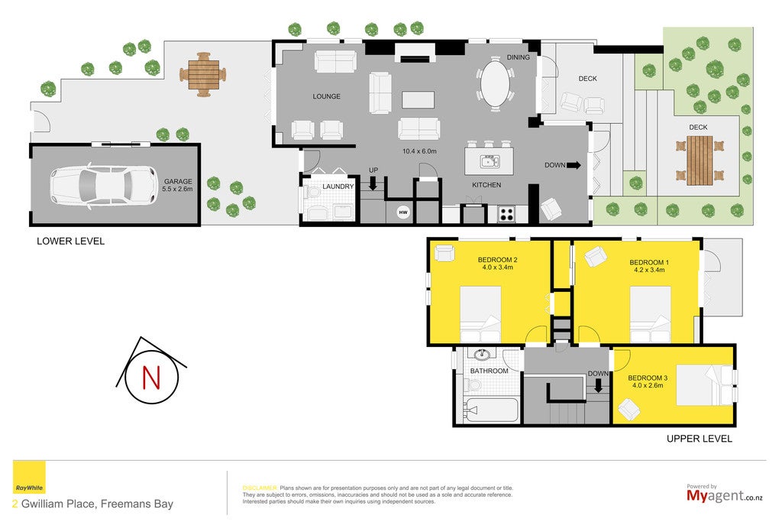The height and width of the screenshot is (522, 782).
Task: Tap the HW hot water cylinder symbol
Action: click(x=403, y=212)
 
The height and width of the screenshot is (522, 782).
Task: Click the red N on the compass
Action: click(x=151, y=378)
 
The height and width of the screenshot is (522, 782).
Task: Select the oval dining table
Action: click(x=495, y=84)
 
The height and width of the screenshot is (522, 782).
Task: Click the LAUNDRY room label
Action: click(x=338, y=186)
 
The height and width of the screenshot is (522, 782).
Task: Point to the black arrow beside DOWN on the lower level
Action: click(x=574, y=165)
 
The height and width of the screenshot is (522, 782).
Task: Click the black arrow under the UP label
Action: click(x=373, y=183)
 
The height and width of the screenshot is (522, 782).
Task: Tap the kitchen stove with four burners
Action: click(x=507, y=214)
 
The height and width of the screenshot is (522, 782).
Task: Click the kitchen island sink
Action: click(x=490, y=161)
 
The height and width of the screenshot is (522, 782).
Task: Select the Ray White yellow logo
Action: click(x=29, y=477)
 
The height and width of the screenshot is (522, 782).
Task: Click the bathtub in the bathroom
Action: click(x=491, y=410)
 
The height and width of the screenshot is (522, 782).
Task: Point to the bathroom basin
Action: click(x=481, y=355)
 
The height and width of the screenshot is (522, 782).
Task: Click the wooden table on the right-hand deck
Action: click(x=700, y=160)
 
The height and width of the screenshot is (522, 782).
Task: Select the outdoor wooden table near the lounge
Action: click(x=203, y=75)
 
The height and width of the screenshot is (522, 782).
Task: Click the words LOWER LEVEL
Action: click(x=71, y=241)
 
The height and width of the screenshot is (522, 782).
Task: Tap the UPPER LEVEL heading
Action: click(x=700, y=439)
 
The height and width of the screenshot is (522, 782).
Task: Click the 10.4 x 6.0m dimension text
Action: click(x=419, y=151)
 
